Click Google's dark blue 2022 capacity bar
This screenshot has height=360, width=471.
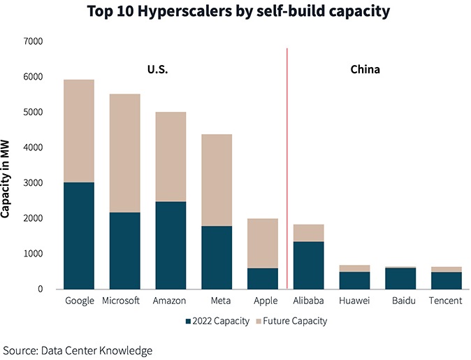click(x=79, y=236)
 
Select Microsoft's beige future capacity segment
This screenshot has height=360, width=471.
click(x=125, y=153)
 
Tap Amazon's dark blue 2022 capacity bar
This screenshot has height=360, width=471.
click(x=171, y=245)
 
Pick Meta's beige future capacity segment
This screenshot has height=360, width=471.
click(x=217, y=180)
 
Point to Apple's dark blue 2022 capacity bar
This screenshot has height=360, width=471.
click(x=263, y=278)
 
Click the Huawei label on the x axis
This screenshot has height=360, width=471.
click(x=354, y=301)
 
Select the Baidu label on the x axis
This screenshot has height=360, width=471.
click(x=400, y=301)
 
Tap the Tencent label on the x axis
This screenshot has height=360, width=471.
click(x=446, y=301)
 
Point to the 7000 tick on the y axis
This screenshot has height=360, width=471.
click(x=33, y=41)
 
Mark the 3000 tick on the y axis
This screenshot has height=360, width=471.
click(x=33, y=183)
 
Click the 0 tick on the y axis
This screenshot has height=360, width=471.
click(x=41, y=289)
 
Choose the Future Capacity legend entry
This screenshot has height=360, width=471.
click(x=293, y=322)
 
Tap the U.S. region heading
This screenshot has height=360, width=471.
click(x=157, y=70)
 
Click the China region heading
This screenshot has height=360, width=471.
click(x=365, y=70)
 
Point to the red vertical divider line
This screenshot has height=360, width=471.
click(x=287, y=168)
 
